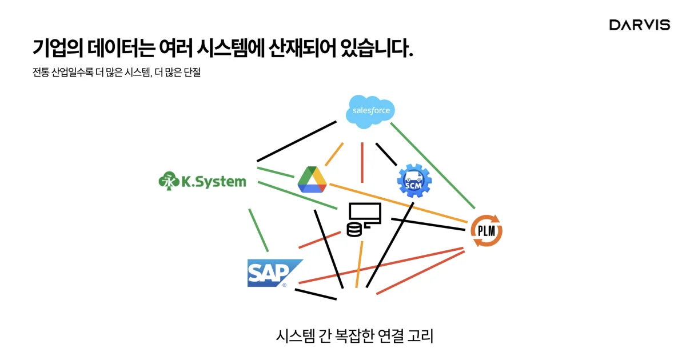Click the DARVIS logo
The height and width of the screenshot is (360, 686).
639,25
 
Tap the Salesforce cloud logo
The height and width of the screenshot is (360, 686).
371,110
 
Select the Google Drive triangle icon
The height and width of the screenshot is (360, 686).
312,179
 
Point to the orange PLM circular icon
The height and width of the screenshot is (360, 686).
486,231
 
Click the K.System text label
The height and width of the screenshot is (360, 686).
213,182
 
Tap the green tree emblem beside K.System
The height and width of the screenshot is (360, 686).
167,182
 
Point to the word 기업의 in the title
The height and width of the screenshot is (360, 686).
58,49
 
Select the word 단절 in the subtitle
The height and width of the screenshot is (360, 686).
193,73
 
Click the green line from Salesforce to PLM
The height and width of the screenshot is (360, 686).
432,166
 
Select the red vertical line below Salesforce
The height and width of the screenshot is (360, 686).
362,162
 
